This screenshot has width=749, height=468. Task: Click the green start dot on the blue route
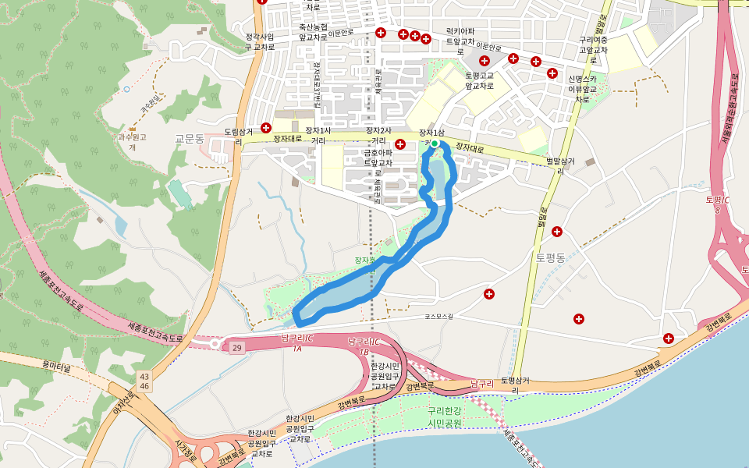point(435,144)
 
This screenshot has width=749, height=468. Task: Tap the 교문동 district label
point(189,138)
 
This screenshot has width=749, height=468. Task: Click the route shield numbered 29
point(236,345)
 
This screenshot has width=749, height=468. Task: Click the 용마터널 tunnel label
point(56,365)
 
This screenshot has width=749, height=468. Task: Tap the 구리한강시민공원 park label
point(445,417)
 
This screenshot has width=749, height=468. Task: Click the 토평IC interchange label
point(717,204)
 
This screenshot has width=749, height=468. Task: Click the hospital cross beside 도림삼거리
point(266,127)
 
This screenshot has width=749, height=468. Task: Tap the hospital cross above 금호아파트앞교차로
point(400,144)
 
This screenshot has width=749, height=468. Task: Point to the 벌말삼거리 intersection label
point(560,165)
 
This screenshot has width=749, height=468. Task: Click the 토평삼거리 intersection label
point(515,385)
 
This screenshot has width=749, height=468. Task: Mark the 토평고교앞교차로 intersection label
point(479,80)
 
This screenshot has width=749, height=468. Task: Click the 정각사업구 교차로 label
point(261,41)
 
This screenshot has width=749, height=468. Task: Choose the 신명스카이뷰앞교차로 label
point(582,89)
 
